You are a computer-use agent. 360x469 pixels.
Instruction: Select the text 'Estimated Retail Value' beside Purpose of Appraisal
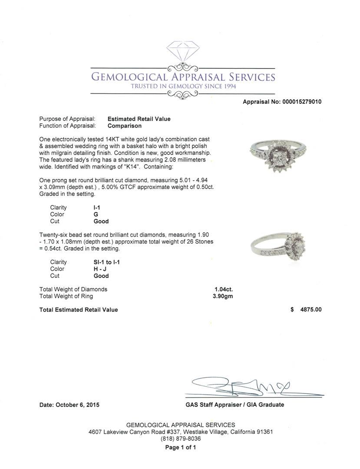click(x=139, y=119)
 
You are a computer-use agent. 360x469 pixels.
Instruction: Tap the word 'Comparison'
click(x=125, y=126)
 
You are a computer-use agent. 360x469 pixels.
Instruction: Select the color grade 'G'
click(x=96, y=215)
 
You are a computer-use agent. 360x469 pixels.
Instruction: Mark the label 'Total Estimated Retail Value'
click(x=79, y=310)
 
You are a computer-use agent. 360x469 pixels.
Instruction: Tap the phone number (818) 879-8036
click(x=181, y=439)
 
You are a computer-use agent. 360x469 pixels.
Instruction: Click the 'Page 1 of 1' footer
click(x=181, y=447)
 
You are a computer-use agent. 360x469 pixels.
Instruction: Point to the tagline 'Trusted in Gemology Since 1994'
click(x=183, y=86)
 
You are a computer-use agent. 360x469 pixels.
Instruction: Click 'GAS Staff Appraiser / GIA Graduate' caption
click(x=234, y=405)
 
